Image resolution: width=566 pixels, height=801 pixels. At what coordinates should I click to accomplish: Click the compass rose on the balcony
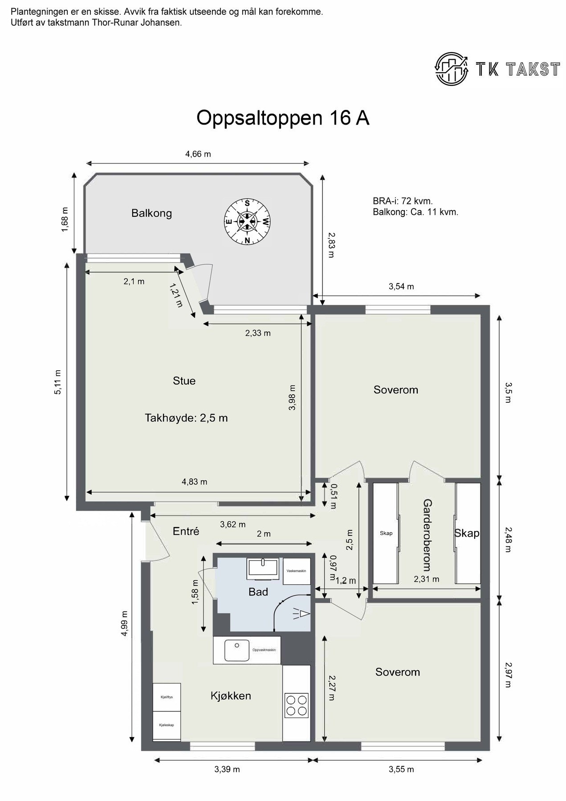[246, 221]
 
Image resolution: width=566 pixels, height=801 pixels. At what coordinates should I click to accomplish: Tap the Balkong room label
[151, 213]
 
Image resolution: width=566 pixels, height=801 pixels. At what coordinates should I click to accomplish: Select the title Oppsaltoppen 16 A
[283, 118]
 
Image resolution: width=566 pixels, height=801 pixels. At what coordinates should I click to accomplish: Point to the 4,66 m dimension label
[198, 154]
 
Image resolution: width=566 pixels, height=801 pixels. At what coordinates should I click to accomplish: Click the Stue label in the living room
[184, 381]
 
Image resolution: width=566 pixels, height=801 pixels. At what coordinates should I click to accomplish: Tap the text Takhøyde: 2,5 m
[186, 418]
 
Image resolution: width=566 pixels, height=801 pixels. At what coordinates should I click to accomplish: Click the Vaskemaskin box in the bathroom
[296, 570]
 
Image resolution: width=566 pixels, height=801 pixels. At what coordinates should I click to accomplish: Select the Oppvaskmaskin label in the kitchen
[264, 650]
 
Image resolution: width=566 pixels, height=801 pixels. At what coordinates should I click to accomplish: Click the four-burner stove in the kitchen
[297, 705]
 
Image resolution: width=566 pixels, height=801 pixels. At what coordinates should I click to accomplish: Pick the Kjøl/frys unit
[167, 697]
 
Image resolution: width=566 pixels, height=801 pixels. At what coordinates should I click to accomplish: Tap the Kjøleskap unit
[167, 725]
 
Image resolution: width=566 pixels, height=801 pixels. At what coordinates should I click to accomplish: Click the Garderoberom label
[427, 535]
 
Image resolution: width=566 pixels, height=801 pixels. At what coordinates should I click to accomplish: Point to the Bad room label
[258, 592]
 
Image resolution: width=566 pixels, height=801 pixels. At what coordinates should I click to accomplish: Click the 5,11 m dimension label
[58, 381]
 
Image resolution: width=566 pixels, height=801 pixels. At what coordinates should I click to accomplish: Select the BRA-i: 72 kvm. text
[403, 201]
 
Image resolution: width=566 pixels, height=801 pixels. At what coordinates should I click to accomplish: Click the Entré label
[185, 531]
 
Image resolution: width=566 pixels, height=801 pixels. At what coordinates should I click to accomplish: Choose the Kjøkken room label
[231, 696]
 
